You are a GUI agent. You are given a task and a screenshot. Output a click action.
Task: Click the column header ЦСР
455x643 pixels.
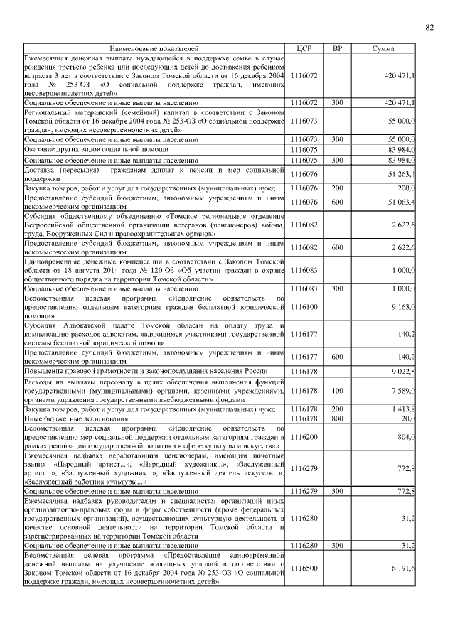304,48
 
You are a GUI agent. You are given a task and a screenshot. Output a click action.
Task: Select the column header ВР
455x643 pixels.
338,48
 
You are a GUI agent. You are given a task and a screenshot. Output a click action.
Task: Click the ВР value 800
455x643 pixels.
338,418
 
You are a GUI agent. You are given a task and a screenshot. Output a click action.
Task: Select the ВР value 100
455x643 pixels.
338,390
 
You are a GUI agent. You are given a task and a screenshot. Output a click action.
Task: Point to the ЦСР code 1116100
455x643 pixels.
304,306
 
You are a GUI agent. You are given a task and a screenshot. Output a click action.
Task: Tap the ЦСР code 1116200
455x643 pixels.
304,437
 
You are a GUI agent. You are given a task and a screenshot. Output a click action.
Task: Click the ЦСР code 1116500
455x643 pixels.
304,568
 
